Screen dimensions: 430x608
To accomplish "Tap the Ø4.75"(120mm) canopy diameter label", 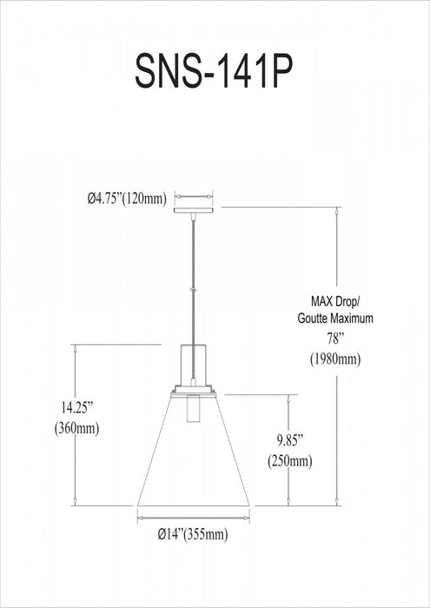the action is [x=127, y=199].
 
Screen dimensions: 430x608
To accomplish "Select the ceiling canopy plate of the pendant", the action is [x=194, y=210].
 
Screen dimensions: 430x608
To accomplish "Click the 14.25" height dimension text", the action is [x=76, y=408].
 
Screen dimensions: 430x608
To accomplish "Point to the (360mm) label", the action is [x=76, y=428].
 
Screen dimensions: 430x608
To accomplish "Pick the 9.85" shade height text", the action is [x=289, y=441].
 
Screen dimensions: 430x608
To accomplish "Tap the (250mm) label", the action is [x=289, y=461].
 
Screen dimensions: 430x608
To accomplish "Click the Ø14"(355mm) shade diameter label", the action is [x=193, y=535].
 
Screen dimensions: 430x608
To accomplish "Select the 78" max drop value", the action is [x=335, y=340].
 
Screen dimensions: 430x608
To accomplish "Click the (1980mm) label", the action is [x=335, y=360].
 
